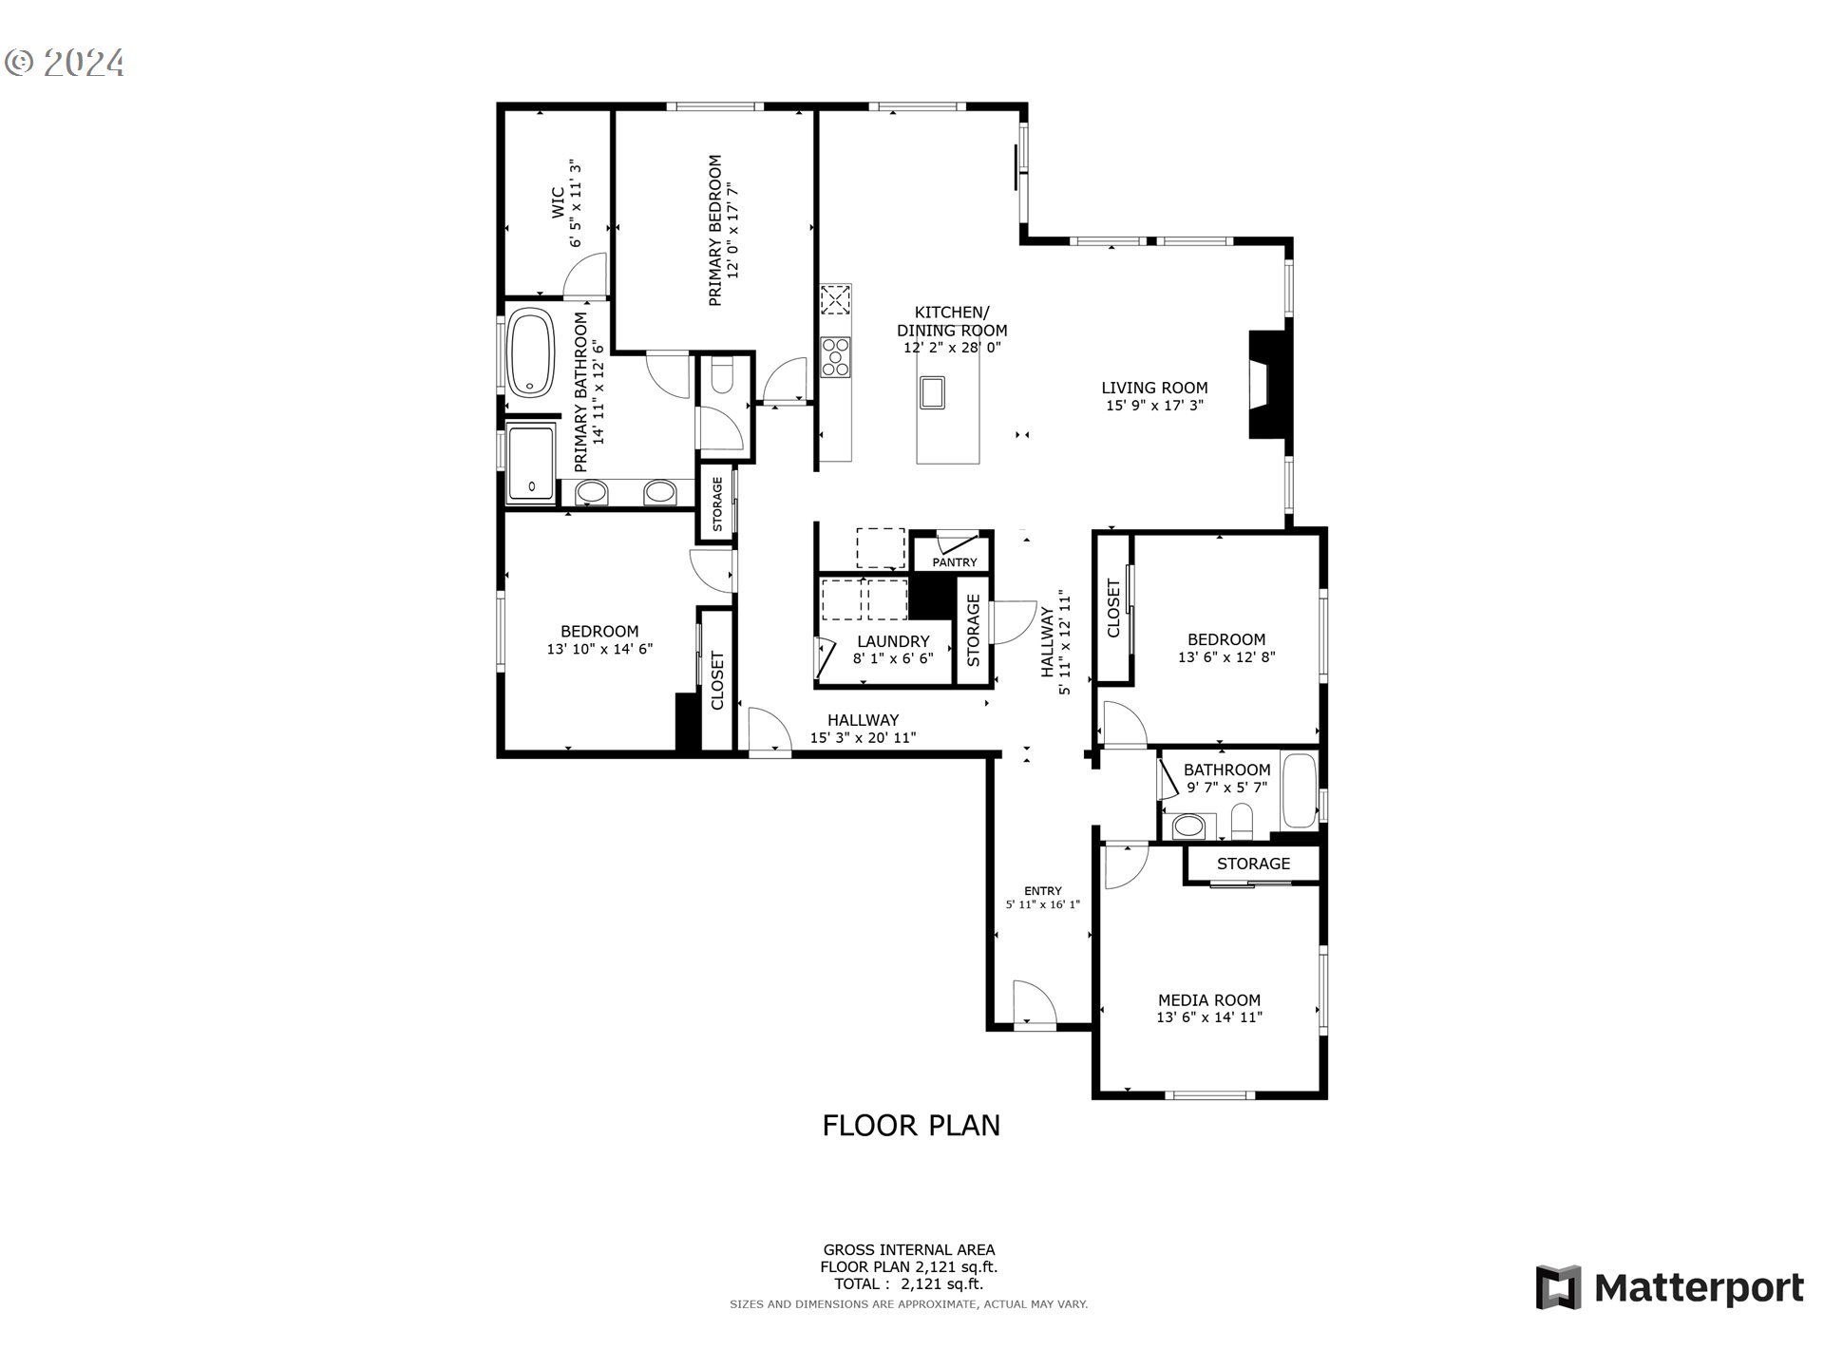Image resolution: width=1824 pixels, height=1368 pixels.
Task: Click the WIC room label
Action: point(558,202)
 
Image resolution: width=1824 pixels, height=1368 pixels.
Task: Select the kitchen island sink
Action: point(932,391)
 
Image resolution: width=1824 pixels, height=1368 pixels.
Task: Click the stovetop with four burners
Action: point(836,357)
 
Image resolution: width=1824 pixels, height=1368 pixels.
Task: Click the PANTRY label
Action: point(954,562)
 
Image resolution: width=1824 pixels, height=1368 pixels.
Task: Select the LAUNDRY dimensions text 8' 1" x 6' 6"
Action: point(893,658)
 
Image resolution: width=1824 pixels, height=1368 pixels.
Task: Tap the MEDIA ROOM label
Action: point(1208,999)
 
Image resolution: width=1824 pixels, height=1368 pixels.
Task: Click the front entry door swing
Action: point(1034,1003)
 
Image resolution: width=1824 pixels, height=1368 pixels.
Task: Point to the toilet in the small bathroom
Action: point(1242,820)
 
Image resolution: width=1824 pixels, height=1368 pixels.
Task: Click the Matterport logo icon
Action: point(1558,1287)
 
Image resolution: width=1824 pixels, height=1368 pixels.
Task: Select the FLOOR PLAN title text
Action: point(911,1125)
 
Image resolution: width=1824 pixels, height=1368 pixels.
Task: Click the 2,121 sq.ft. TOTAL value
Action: point(941,1283)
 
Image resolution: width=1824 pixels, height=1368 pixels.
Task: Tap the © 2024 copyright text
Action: point(65,63)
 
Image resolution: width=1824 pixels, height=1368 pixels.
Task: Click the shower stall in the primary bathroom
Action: point(531,463)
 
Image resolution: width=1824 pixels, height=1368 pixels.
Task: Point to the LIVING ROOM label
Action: point(1154,388)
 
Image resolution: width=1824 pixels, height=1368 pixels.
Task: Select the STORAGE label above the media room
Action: point(1253,864)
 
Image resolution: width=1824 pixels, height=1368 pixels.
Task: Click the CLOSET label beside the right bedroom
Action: point(1114,608)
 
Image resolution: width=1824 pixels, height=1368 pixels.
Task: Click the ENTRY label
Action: point(1042,890)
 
